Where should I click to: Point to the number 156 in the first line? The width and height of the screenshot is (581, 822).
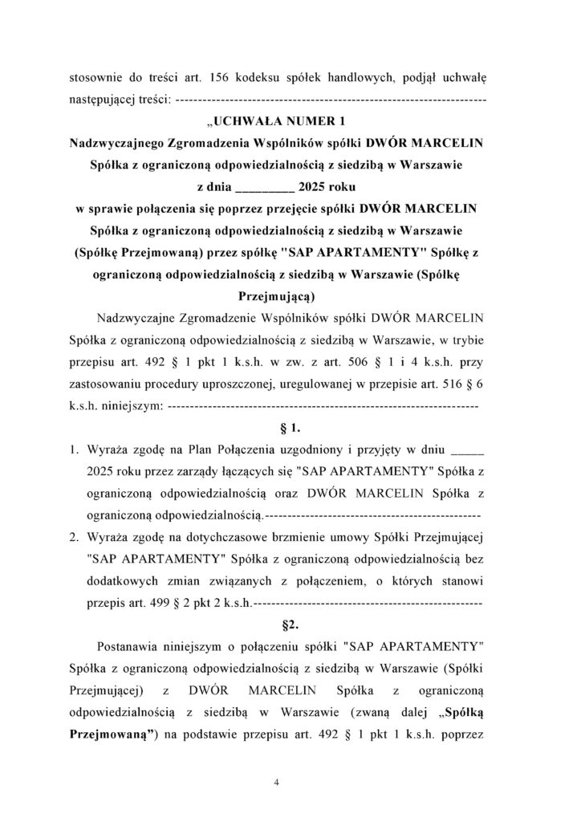click(222, 78)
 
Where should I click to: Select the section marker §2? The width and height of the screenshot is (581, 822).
click(290, 622)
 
